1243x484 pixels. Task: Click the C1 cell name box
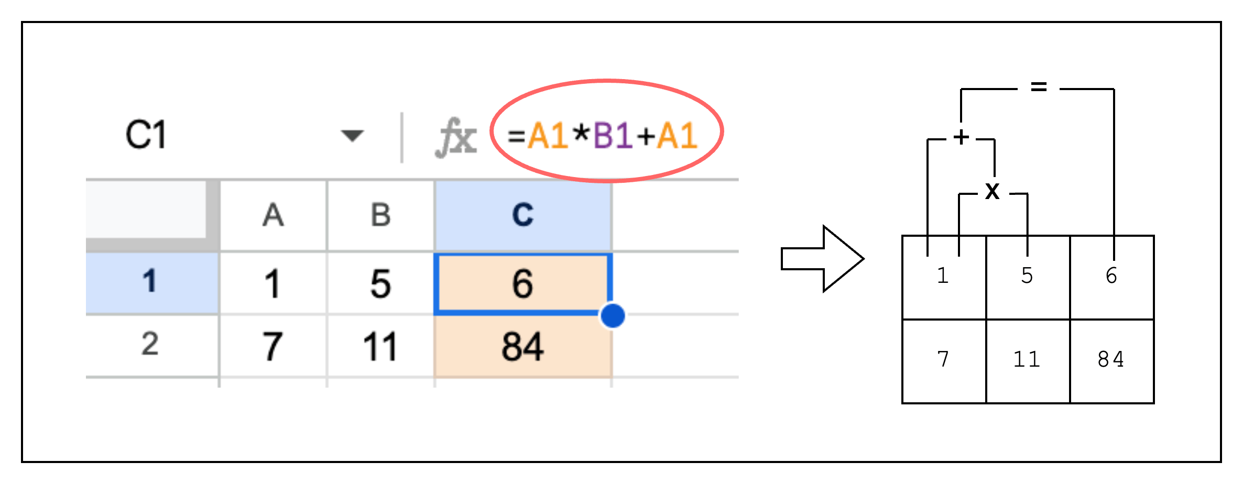(x=146, y=135)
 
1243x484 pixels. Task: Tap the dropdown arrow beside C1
(x=352, y=136)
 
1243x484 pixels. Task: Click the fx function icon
(x=456, y=137)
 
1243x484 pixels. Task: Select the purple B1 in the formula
(x=613, y=135)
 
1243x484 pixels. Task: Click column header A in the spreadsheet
(x=274, y=215)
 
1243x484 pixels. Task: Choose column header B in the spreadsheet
(x=381, y=215)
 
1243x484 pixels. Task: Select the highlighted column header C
(x=523, y=215)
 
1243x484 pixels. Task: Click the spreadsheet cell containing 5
(x=381, y=283)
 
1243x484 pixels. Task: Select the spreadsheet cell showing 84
(x=523, y=346)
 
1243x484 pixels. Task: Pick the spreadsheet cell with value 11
(x=381, y=346)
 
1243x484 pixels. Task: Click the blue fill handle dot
(x=612, y=315)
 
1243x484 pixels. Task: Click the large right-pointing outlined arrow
(x=822, y=259)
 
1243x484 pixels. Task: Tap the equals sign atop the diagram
(x=1039, y=86)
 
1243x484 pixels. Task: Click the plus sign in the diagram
(x=961, y=137)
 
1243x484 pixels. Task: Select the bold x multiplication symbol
(x=992, y=191)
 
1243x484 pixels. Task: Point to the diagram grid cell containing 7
(x=944, y=361)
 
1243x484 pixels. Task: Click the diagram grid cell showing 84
(x=1111, y=361)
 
